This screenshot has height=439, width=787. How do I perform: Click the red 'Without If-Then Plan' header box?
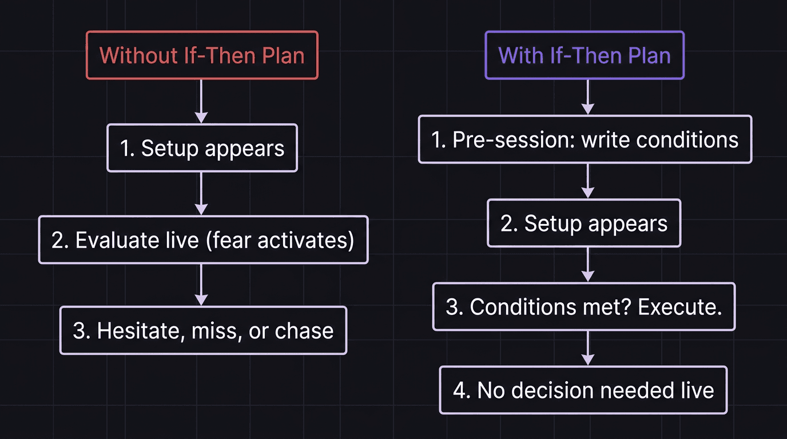[x=202, y=55]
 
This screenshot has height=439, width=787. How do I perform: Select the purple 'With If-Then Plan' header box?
[x=584, y=55]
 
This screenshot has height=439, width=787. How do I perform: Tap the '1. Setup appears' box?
[x=202, y=148]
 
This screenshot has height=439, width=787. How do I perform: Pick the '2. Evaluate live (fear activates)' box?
[x=203, y=240]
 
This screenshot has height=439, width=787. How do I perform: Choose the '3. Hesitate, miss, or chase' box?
[x=203, y=330]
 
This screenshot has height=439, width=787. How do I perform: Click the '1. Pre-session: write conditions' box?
[x=585, y=139]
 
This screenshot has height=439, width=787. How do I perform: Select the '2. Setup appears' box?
[x=584, y=223]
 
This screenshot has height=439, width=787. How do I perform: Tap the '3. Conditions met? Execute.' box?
[x=583, y=306]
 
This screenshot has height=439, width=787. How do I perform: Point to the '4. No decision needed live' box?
[x=583, y=390]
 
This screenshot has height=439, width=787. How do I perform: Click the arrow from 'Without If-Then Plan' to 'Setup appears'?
[x=201, y=101]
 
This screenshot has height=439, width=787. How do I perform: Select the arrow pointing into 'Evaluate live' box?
[x=201, y=194]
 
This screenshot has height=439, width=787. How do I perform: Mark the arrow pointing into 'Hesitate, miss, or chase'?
[x=201, y=285]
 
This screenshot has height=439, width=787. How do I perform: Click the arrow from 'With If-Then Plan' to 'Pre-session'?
[x=587, y=97]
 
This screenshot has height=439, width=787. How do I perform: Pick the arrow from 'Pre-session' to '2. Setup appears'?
[x=587, y=181]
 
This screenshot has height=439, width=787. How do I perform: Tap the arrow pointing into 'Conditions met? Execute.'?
[x=587, y=265]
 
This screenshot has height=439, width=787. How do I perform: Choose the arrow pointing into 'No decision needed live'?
[x=587, y=348]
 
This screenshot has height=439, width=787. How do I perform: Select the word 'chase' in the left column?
[x=304, y=331]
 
